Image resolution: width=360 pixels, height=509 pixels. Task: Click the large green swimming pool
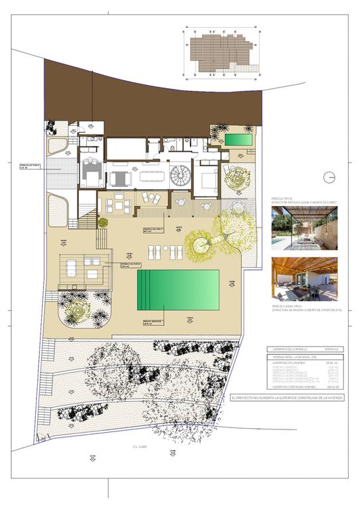point(178,290)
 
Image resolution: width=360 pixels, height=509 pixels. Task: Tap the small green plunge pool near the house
point(237,140)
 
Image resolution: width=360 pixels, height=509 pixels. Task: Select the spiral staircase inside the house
point(180,176)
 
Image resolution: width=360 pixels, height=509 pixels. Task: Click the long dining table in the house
point(152,178)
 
